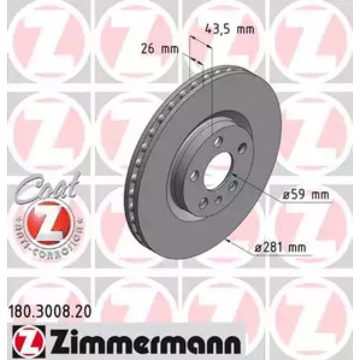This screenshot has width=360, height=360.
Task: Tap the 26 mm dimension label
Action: point(159,50)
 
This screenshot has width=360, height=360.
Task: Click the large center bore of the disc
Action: point(218,170)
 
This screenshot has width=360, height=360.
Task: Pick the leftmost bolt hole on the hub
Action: point(194,176)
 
